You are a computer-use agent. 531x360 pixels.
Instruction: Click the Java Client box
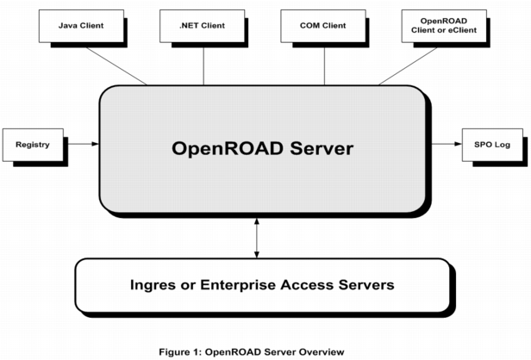[x=80, y=26]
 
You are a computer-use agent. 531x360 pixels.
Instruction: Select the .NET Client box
[x=203, y=26]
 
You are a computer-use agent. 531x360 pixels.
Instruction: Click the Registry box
[x=33, y=144]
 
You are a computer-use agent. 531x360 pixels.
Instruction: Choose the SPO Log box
[x=492, y=144]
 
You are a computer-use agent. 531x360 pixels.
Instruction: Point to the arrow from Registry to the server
[x=83, y=144]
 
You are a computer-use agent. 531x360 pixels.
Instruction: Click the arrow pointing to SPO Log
[x=443, y=144]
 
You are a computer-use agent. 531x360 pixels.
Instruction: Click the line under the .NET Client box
[x=203, y=65]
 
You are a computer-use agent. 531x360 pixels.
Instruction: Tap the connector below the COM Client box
[x=324, y=65]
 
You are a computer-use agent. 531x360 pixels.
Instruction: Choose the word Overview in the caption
[x=321, y=351]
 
